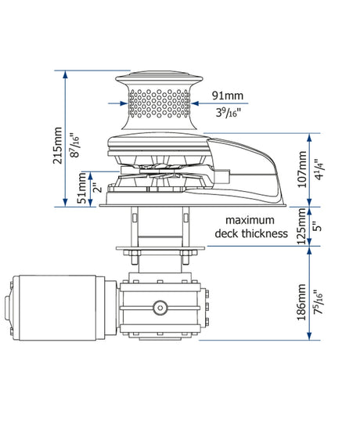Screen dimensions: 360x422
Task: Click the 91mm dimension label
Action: tap(228, 96)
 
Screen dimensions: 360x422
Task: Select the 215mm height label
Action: tap(58, 146)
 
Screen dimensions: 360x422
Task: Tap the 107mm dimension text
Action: tap(302, 169)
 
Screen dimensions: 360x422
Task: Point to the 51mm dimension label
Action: tap(82, 189)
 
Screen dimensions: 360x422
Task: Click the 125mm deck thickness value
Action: tap(301, 226)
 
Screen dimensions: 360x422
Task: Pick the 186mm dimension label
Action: tap(301, 302)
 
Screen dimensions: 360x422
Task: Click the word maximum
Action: tap(250, 220)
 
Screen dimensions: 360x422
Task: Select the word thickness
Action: tap(265, 233)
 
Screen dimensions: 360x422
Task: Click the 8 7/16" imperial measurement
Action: tap(74, 146)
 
